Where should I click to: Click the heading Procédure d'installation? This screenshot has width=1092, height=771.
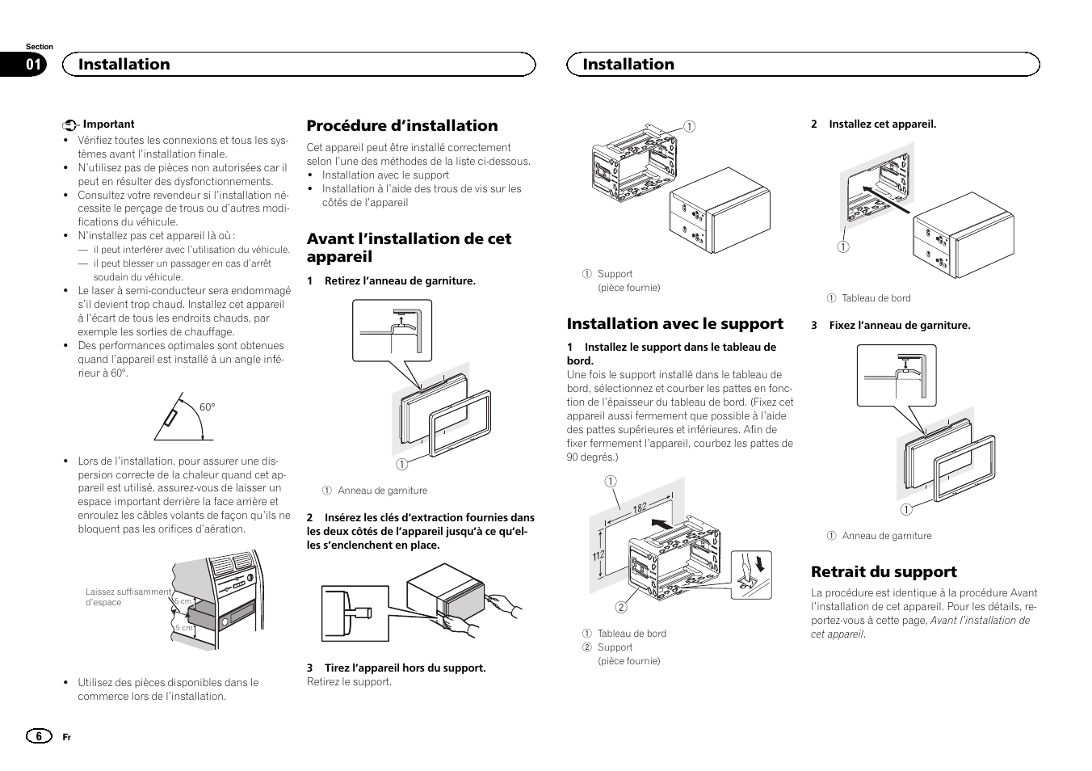point(402,125)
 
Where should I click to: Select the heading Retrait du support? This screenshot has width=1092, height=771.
point(884,571)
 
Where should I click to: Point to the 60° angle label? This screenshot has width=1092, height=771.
point(208,407)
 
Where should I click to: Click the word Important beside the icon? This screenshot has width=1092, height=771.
point(109,124)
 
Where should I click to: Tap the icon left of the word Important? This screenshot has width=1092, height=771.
point(70,125)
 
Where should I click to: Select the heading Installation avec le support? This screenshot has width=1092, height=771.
point(674,323)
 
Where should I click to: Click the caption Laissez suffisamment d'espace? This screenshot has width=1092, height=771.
point(128,596)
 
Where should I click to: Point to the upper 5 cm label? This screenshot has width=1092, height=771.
point(183,601)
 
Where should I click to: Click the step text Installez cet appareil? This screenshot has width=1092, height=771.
point(882,124)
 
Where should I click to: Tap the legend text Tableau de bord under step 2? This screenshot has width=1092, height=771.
point(876,298)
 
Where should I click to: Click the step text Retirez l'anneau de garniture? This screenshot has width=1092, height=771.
point(400,281)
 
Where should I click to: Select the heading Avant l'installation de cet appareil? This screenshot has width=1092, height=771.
point(409,247)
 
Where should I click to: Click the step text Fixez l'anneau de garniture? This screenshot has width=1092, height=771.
point(899,326)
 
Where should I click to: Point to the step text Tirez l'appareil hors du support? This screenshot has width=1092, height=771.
point(405,668)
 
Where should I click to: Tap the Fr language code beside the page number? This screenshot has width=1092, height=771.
point(67,737)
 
